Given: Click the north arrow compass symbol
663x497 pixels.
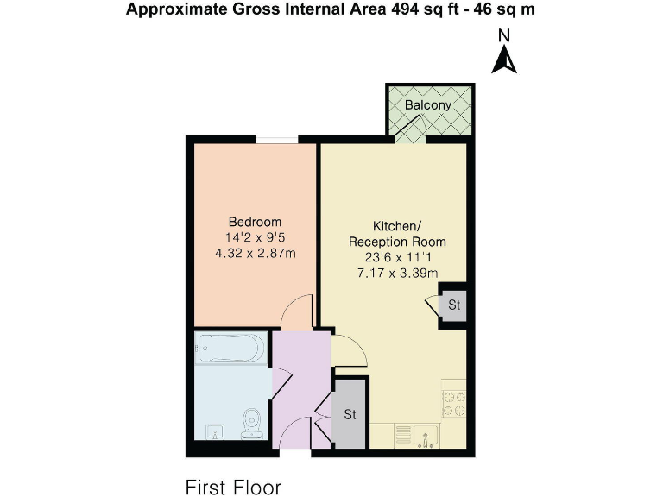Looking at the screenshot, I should coord(504,54).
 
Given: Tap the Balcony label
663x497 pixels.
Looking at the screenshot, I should coord(428,105).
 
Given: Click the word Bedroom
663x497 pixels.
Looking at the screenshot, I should coord(255,222).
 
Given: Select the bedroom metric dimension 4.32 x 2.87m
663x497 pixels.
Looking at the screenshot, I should coord(255,254).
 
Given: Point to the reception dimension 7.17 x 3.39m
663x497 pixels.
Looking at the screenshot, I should coord(397,274).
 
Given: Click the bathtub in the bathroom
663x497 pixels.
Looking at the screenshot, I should coord(229,349).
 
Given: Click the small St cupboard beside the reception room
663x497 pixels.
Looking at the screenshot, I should coord(453,305).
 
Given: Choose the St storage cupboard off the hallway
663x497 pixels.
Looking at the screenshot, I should coord(350,414).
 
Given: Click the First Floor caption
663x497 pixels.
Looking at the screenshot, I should coord(233,488).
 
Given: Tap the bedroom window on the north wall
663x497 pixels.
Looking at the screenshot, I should coord(277,139).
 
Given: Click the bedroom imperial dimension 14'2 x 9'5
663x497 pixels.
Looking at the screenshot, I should coord(255,238).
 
